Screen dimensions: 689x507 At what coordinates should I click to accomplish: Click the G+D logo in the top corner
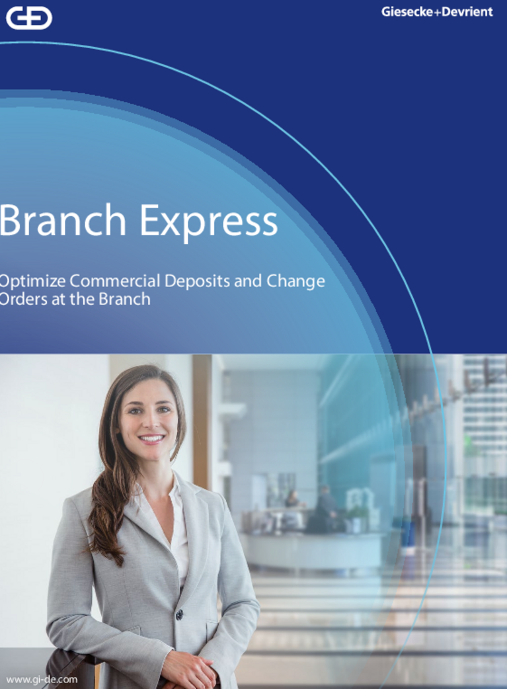pos(28,18)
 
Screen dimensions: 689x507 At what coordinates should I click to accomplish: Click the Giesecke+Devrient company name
pos(436,12)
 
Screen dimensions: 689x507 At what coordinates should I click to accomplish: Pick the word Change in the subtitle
pos(295,281)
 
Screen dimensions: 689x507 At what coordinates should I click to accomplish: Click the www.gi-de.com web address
pos(42,679)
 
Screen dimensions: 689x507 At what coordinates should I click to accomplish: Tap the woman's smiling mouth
pos(151,438)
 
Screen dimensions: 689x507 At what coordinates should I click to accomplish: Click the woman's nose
pos(149,423)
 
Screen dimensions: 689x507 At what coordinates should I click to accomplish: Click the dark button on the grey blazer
pos(179,614)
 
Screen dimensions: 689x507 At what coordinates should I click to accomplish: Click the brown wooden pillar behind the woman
pos(202,423)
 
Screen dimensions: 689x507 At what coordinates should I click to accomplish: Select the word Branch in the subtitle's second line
pos(124,299)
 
